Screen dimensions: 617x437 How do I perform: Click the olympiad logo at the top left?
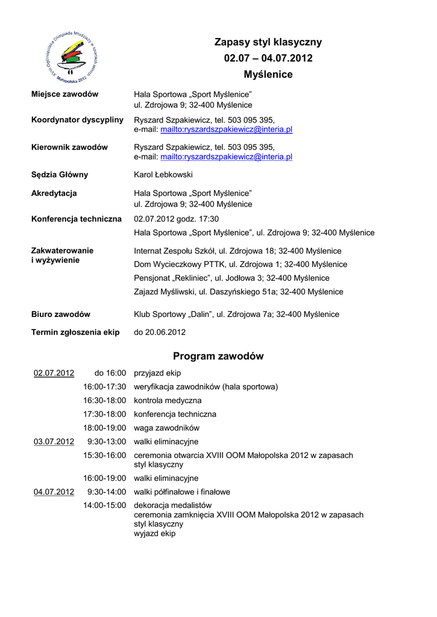72,58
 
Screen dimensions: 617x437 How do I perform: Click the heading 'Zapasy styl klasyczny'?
268,42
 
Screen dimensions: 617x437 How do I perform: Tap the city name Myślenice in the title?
268,75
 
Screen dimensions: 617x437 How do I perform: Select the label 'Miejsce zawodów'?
65,95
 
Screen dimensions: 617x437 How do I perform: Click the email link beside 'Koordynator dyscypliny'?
226,130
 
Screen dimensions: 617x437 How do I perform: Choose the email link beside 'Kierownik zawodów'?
226,157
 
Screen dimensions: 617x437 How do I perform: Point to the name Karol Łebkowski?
163,175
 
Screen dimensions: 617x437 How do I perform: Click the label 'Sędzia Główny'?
60,175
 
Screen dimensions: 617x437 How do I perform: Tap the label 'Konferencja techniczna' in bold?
77,219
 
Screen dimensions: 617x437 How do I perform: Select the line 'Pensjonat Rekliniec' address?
231,278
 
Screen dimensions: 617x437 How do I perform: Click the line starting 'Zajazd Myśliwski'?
238,292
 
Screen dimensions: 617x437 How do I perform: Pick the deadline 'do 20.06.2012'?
160,332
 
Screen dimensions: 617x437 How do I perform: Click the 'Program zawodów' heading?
218,356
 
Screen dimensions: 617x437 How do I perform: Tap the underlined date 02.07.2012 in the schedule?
54,373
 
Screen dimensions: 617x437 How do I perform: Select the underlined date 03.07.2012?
54,442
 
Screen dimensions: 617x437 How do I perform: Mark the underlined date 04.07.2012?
54,492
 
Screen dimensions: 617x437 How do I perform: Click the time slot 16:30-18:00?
105,401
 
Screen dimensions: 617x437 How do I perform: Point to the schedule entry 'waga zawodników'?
166,428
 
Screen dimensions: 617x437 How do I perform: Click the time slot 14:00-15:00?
105,505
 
